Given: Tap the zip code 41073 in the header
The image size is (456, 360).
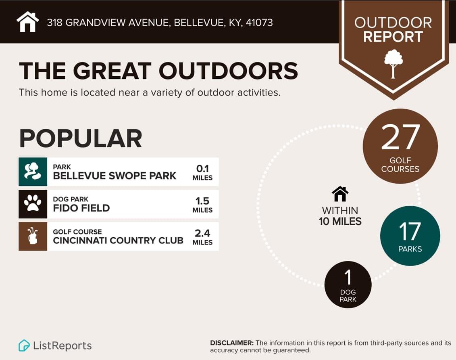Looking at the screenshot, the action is (259, 23).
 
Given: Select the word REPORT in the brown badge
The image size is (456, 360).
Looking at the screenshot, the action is (393, 37).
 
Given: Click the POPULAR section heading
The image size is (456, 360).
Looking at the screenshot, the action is (81, 138).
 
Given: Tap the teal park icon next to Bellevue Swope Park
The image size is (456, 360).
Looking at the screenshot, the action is (33, 172).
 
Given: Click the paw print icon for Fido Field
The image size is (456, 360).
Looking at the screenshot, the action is (33, 204).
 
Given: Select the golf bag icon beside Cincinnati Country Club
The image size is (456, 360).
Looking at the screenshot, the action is (33, 237).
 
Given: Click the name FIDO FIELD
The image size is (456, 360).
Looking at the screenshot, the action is (81, 208).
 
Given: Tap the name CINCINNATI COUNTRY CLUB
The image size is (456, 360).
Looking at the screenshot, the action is (118, 241).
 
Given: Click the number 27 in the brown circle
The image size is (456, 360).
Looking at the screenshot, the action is (400, 137).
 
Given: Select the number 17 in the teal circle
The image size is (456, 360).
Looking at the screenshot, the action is (410, 231).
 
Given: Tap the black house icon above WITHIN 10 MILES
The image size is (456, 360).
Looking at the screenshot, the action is (340, 194).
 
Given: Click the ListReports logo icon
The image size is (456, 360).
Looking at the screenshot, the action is (24, 345).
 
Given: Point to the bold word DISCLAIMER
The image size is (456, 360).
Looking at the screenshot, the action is (232, 343).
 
